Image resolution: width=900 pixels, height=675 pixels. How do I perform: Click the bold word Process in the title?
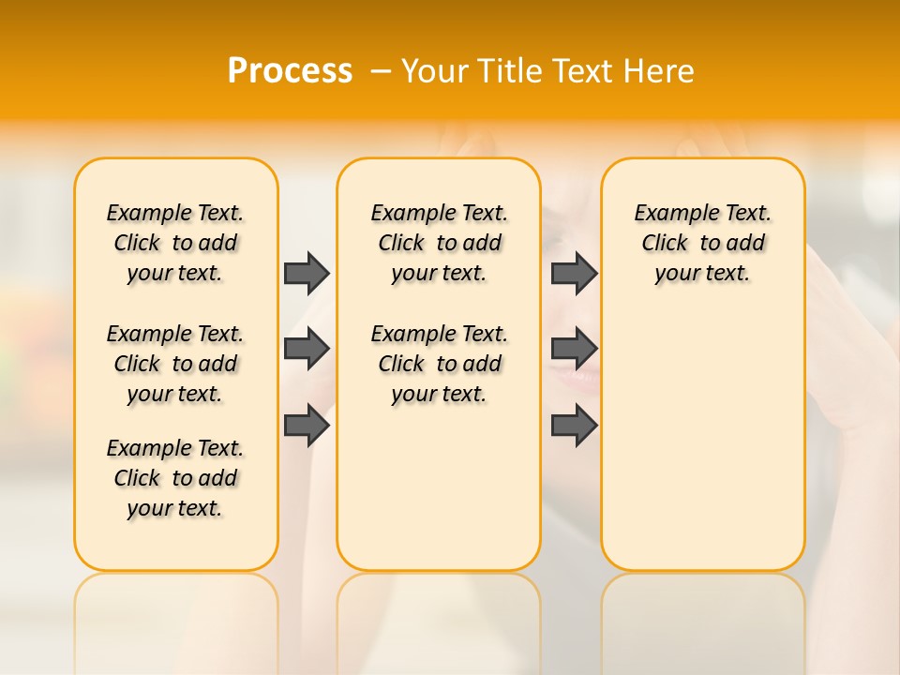290,71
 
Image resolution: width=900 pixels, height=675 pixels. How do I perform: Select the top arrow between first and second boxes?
307,273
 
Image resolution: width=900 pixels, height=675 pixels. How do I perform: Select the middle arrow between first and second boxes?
307,349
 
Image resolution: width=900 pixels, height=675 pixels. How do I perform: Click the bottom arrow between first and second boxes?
307,426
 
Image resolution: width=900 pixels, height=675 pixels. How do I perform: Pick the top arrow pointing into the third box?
574,273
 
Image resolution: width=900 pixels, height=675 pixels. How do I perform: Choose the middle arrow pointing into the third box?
574,349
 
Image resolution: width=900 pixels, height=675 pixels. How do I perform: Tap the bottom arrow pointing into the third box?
574,426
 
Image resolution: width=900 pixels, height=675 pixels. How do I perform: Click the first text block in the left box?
175,243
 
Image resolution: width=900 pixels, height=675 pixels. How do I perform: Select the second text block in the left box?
175,364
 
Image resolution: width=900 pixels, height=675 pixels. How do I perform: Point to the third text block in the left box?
175,478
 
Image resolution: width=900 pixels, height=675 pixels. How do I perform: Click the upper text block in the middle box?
439,243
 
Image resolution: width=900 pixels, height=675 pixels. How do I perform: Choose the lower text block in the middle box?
439,364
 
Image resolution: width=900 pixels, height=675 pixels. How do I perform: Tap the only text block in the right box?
702,243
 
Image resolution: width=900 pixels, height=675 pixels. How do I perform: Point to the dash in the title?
381,71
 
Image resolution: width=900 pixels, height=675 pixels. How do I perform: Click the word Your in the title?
434,71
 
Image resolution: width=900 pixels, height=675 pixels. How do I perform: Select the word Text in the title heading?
583,71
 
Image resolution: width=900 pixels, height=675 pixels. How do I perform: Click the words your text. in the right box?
702,274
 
